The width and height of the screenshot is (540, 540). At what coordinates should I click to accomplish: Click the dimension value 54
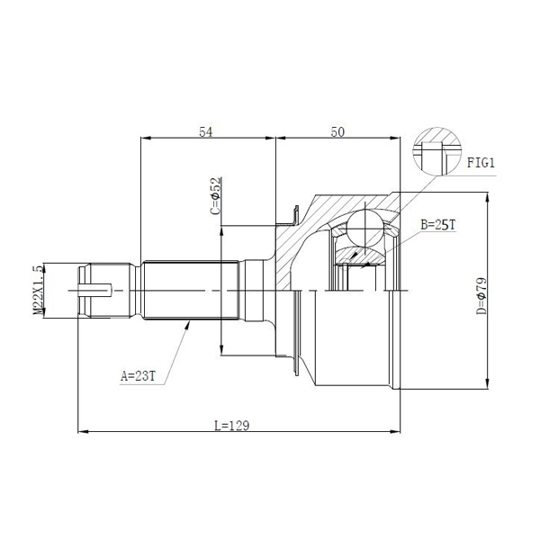(205, 131)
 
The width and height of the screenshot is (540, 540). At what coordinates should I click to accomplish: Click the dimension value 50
(337, 131)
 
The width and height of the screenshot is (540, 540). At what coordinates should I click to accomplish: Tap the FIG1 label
(481, 163)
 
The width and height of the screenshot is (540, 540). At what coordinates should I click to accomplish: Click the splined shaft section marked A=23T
(188, 291)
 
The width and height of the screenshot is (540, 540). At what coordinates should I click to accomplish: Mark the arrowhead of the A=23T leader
(188, 323)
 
